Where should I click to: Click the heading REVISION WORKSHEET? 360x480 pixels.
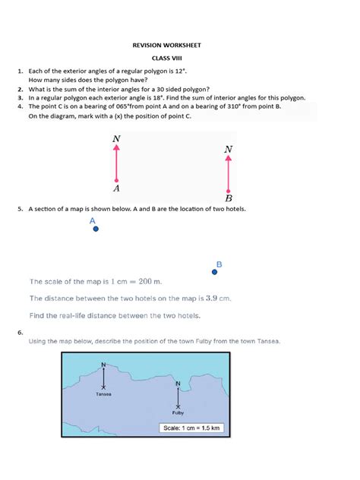point(180,46)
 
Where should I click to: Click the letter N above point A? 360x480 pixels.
point(115,139)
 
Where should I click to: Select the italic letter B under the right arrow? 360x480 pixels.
point(228,199)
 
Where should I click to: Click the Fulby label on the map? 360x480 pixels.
point(178,413)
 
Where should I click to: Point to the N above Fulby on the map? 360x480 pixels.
point(178,384)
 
